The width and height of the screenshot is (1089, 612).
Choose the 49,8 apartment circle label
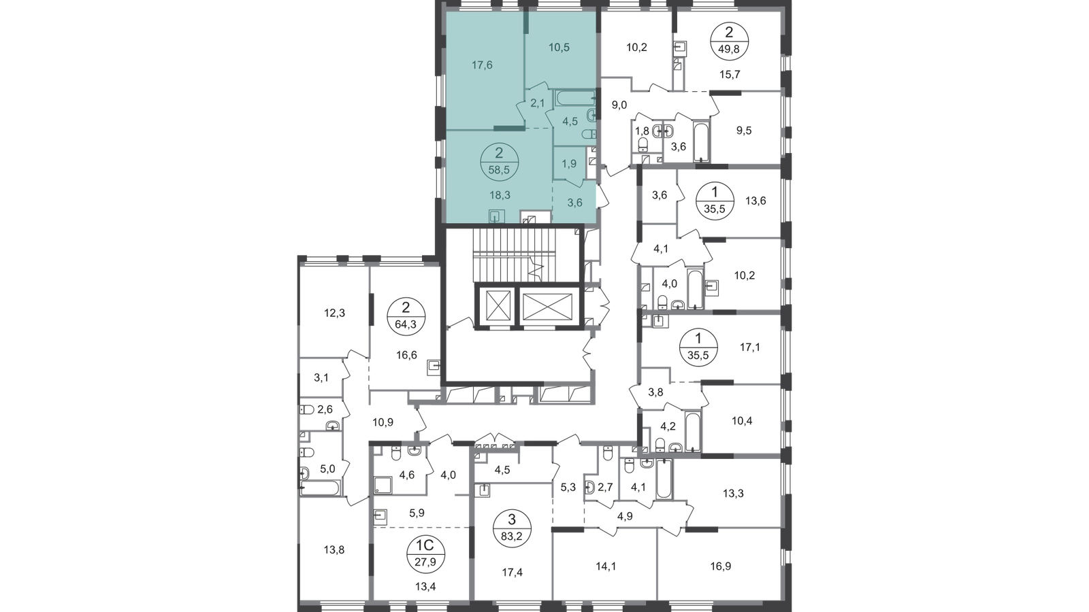pyautogui.click(x=729, y=41)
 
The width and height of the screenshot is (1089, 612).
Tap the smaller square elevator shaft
pyautogui.click(x=498, y=307)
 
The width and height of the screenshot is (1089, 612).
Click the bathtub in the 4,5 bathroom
pyautogui.click(x=575, y=98)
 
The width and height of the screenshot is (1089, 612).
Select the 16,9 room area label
pyautogui.click(x=721, y=566)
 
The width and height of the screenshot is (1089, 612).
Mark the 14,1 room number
pyautogui.click(x=605, y=566)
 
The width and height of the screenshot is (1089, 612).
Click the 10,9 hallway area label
pyautogui.click(x=383, y=422)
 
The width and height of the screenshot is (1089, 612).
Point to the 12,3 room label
pyautogui.click(x=334, y=313)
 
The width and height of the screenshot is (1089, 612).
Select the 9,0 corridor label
pyautogui.click(x=619, y=105)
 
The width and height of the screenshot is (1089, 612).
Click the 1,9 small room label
pyautogui.click(x=569, y=164)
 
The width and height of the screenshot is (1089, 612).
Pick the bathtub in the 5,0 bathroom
pyautogui.click(x=320, y=488)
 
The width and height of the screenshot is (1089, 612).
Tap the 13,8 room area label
pyautogui.click(x=334, y=550)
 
